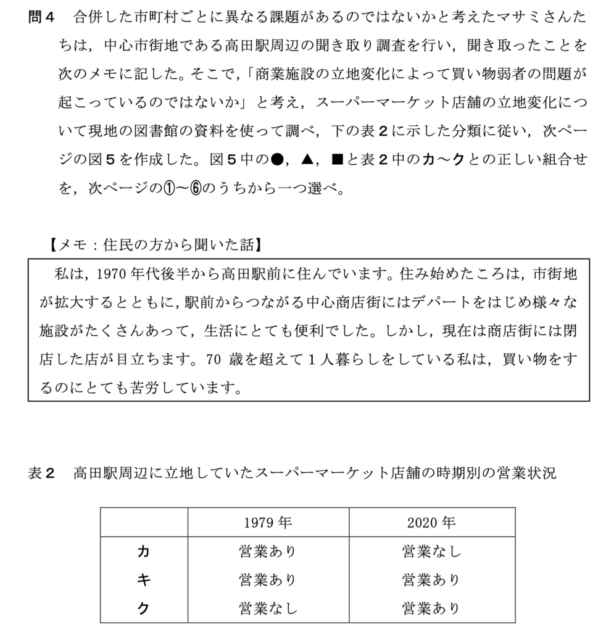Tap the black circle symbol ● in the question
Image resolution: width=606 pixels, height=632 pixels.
(x=276, y=160)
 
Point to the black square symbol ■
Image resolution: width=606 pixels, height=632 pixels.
(x=337, y=160)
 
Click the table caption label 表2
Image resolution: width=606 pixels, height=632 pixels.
(x=42, y=473)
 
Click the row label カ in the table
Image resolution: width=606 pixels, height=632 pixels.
(x=143, y=551)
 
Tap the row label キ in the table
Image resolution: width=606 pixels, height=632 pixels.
(x=143, y=580)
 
